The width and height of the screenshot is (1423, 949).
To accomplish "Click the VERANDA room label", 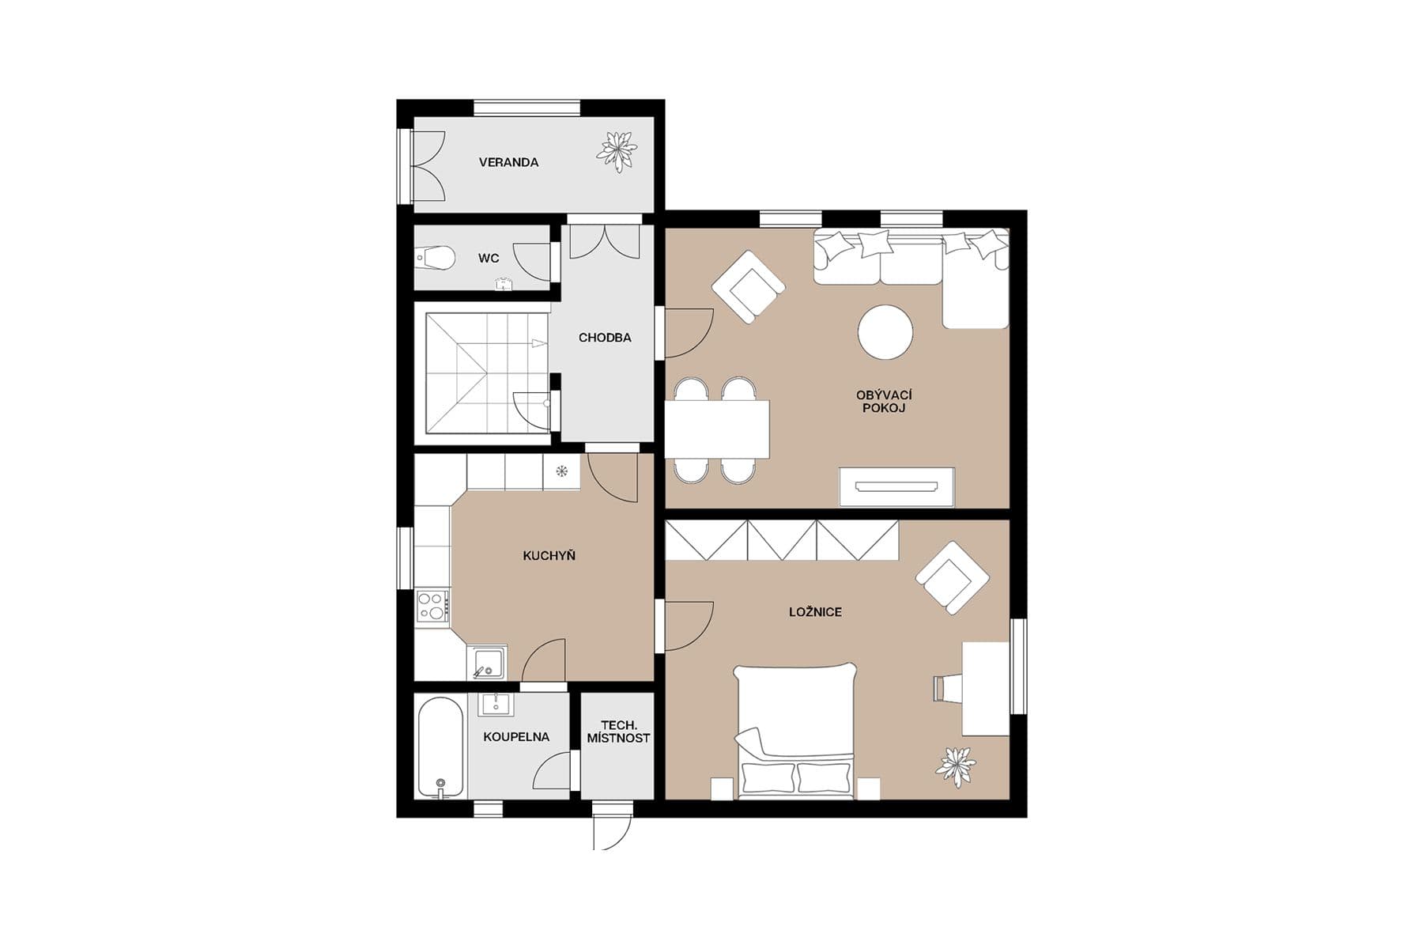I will (508, 162).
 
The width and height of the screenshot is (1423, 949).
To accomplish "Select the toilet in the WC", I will (436, 258).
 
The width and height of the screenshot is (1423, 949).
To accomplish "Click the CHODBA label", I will (605, 338).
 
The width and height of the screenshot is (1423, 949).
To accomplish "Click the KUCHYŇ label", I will (549, 556).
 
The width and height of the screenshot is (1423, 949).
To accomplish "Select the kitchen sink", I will (487, 662).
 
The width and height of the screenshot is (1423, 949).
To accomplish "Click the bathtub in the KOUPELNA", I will (440, 747).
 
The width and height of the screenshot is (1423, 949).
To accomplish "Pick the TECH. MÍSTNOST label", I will (618, 732).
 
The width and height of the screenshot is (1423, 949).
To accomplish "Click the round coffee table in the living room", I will (885, 332).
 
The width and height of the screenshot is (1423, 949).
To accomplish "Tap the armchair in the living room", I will (748, 287).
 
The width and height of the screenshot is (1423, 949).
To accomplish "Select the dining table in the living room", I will (717, 429).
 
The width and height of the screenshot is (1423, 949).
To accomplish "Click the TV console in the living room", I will (896, 486).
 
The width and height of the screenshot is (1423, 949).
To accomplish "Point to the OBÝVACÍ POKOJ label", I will (884, 402).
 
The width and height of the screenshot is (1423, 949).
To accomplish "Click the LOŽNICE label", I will (815, 612).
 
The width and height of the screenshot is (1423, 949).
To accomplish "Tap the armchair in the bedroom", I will (952, 578).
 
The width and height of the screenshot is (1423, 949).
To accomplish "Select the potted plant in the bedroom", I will (955, 766).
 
